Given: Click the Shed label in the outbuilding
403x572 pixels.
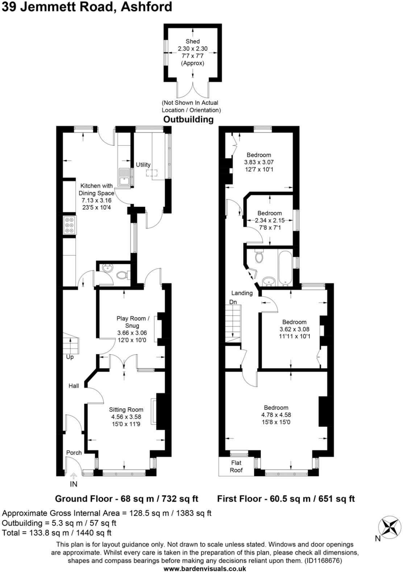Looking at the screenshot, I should click(192, 41).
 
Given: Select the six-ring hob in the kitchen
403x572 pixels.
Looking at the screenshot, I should click(70, 225).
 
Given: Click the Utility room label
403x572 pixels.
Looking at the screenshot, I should click(143, 165).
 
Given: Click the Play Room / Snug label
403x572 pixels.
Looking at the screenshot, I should click(133, 322).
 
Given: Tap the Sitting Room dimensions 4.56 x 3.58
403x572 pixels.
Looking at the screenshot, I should click(126, 417).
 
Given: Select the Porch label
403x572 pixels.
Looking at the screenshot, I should click(74, 453).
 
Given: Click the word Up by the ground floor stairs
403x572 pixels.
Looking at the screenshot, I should click(70, 357).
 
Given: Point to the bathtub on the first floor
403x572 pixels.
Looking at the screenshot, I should click(285, 267).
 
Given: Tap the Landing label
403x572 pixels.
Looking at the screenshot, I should click(242, 293).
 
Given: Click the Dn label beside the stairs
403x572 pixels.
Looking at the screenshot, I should click(233, 302).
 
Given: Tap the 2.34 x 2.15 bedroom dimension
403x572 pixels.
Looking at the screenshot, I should click(270, 220).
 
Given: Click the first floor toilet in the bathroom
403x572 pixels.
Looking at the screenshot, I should click(259, 257).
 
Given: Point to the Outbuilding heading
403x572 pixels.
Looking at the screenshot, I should click(188, 119).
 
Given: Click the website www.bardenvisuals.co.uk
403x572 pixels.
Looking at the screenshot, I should click(205, 568).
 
